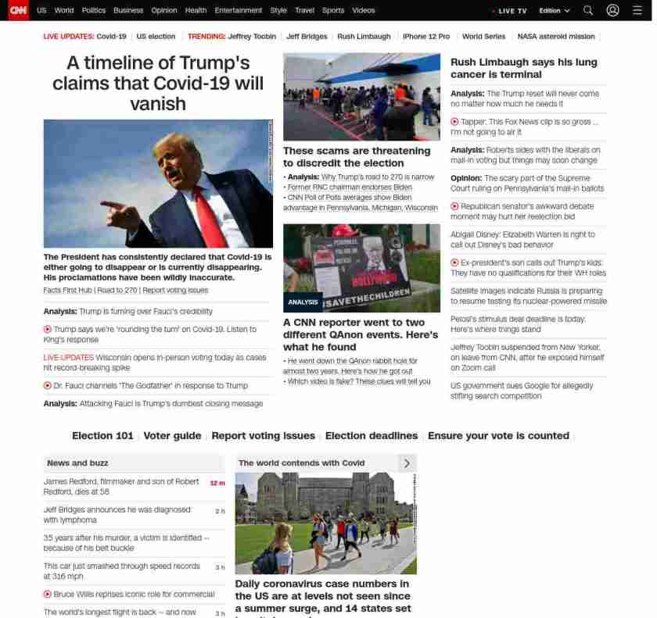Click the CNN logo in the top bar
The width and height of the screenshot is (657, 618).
click(x=18, y=10)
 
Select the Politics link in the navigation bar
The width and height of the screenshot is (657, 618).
click(x=94, y=11)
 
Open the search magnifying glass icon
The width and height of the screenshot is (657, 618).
click(x=588, y=11)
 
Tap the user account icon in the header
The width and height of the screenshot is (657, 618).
click(x=612, y=11)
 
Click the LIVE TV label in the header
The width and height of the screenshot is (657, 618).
click(x=512, y=11)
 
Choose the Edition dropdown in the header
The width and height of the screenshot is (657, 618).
click(x=555, y=11)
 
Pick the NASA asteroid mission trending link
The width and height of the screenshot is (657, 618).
click(x=556, y=37)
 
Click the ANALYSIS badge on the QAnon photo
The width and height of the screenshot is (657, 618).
click(x=303, y=302)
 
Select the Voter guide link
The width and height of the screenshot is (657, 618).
click(x=172, y=436)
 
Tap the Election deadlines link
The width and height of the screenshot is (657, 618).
click(x=372, y=436)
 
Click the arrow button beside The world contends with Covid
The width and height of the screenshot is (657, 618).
click(x=407, y=463)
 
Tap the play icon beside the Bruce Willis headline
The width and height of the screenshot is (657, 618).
click(x=48, y=595)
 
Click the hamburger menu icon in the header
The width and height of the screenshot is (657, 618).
click(x=637, y=11)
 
